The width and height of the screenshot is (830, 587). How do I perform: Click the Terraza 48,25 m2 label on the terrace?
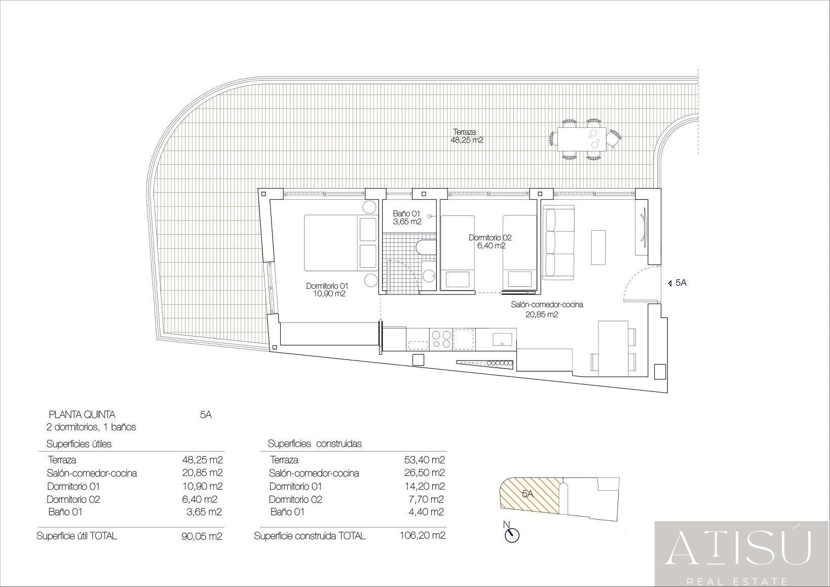point(467,136)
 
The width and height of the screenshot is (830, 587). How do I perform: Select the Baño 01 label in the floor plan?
point(407,218)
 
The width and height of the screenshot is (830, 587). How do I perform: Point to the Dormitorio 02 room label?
point(490,242)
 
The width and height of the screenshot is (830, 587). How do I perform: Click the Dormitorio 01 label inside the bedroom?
point(327,290)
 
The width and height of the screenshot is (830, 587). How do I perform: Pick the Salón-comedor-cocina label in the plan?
point(547,309)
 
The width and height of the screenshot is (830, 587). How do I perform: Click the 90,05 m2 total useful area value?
point(202,537)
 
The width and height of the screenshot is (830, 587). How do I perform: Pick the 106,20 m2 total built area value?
point(423,535)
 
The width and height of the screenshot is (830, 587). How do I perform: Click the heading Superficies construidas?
point(315,444)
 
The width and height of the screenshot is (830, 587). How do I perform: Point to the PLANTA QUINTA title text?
point(82,414)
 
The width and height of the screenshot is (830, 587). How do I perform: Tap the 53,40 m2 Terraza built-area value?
point(424,460)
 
